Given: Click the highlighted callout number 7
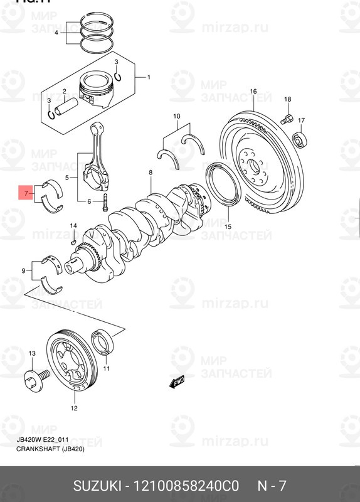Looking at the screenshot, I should click(26, 194).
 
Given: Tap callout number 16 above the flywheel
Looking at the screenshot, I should click(253, 92).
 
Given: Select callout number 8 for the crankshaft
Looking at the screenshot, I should click(151, 172).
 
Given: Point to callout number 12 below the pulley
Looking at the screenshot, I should click(73, 409).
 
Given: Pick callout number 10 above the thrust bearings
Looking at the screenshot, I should click(176, 116).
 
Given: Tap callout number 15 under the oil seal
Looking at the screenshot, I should click(228, 227).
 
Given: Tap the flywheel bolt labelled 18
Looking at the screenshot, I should click(285, 117).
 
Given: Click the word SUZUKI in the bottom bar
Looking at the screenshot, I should click(97, 486).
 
